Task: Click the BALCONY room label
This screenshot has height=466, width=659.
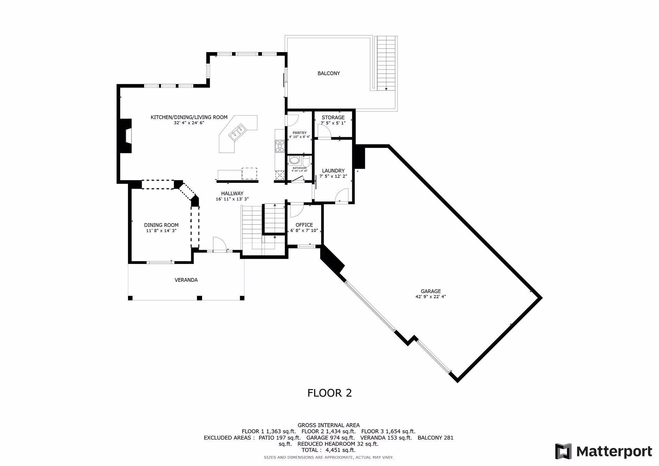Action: pyautogui.click(x=328, y=73)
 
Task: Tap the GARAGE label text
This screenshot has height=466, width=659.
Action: pyautogui.click(x=431, y=291)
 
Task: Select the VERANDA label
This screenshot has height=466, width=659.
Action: pyautogui.click(x=186, y=280)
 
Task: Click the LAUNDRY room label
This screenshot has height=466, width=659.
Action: pyautogui.click(x=333, y=171)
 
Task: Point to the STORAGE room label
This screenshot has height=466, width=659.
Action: pyautogui.click(x=333, y=117)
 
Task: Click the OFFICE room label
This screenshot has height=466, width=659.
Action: pyautogui.click(x=304, y=225)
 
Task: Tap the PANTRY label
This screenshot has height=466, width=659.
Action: pyautogui.click(x=300, y=133)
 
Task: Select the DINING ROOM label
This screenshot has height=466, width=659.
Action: pyautogui.click(x=161, y=225)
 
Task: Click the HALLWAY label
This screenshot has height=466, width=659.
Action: pyautogui.click(x=232, y=194)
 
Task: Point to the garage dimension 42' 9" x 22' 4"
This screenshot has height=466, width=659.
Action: pyautogui.click(x=431, y=297)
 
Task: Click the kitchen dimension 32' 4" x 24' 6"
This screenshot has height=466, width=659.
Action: pyautogui.click(x=189, y=123)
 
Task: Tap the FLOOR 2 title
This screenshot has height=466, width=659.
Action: pyautogui.click(x=329, y=393)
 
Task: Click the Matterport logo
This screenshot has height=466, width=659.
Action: pyautogui.click(x=604, y=451)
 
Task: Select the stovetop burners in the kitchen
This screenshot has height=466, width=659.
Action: pyautogui.click(x=280, y=146)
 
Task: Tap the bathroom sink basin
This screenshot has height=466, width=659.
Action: pyautogui.click(x=294, y=160)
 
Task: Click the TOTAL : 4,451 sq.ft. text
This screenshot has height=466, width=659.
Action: pyautogui.click(x=328, y=450)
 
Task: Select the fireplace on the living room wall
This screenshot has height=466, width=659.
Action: pyautogui.click(x=126, y=136)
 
